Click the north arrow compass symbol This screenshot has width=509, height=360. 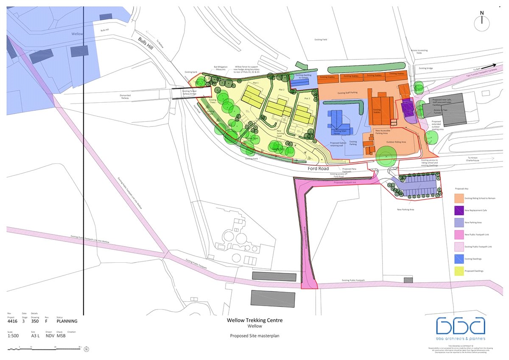tap(482, 22)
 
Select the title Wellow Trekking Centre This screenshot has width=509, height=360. tap(255, 320)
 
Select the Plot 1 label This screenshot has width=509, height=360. tap(256, 83)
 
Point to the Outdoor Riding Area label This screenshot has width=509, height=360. tap(396, 142)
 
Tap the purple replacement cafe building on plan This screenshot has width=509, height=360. tap(408, 108)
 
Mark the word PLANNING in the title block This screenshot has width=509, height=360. tap(67, 321)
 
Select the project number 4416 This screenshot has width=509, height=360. tap(13, 321)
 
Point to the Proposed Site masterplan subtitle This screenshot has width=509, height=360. tap(255, 335)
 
